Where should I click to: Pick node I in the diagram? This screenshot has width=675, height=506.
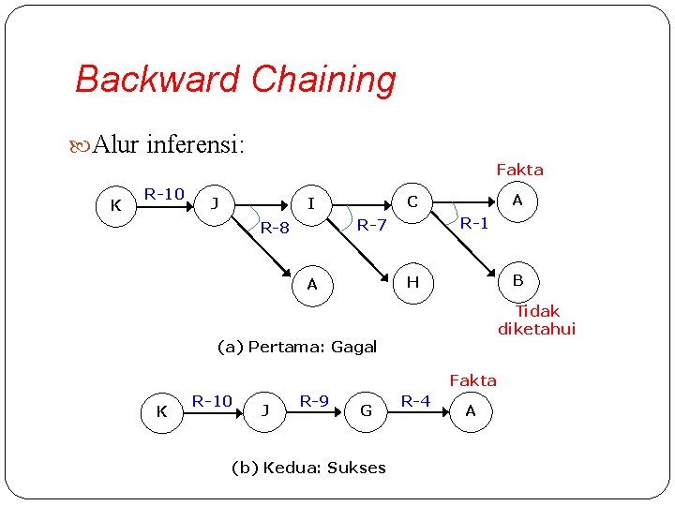click(x=312, y=202)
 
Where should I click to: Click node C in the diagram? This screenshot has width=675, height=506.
click(x=412, y=202)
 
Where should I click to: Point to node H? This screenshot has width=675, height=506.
click(x=412, y=283)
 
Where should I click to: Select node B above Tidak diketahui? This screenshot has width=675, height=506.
click(x=517, y=280)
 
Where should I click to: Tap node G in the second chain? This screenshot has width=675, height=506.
click(x=366, y=410)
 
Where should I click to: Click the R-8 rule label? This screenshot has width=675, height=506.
click(x=275, y=228)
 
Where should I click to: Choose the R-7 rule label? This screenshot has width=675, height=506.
click(x=372, y=225)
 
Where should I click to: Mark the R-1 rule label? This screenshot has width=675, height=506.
click(x=473, y=223)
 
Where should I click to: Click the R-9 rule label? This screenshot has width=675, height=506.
click(x=314, y=401)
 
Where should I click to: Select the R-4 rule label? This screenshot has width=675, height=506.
click(x=415, y=401)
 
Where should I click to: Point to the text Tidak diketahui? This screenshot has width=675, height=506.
click(x=537, y=320)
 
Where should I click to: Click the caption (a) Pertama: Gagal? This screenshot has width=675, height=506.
click(x=297, y=347)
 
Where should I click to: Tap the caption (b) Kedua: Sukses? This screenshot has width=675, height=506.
click(x=308, y=468)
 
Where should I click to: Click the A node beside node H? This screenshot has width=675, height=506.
click(x=312, y=284)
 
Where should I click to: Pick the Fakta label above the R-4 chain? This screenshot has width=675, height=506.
click(x=472, y=380)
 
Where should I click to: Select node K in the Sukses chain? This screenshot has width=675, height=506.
click(x=161, y=411)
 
